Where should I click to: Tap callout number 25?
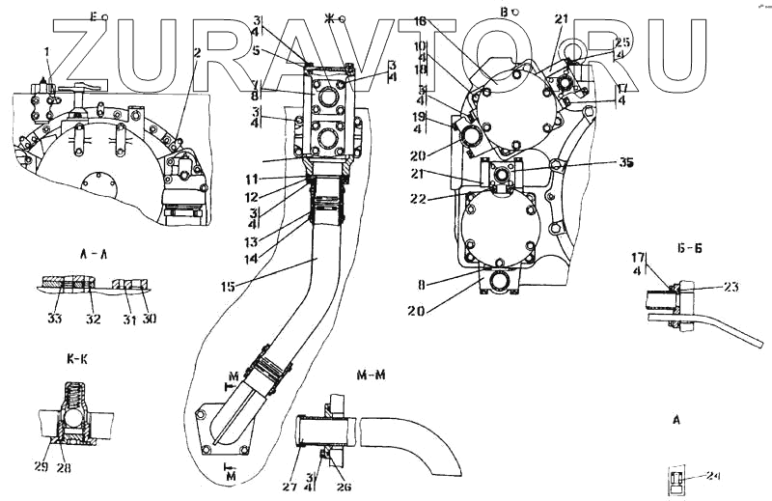[x=621, y=42]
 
